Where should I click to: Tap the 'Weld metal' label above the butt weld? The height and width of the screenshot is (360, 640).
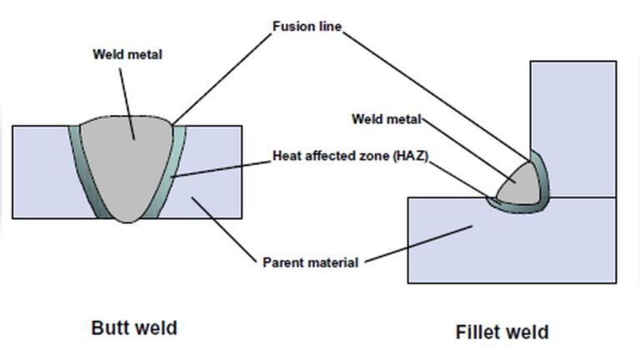click(x=127, y=55)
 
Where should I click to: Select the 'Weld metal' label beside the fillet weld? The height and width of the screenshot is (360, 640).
click(x=386, y=118)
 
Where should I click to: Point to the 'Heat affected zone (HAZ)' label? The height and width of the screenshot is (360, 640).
click(x=350, y=156)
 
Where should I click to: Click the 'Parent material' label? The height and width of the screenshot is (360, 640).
click(x=310, y=262)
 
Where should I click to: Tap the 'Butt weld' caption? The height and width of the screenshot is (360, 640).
click(x=133, y=327)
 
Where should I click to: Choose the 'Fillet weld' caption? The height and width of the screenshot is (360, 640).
click(x=502, y=332)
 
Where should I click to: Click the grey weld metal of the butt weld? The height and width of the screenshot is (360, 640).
click(x=133, y=167)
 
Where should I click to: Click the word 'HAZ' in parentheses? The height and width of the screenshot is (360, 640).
click(x=411, y=156)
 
